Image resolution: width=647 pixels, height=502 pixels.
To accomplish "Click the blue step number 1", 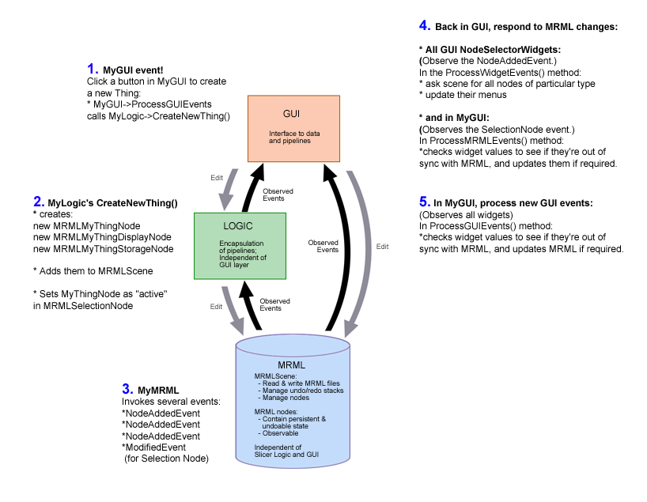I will pos(93,69).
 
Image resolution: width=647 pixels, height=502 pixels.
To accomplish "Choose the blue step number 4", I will pos(423,26).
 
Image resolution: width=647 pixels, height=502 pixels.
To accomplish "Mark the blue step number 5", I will pos(423,202).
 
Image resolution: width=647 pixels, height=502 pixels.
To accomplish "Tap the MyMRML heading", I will pos(158,391).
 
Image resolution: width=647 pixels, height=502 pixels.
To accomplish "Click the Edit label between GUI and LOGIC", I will pos(217,178).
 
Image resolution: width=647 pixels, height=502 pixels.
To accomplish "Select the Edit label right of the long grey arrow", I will pos(382,247).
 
